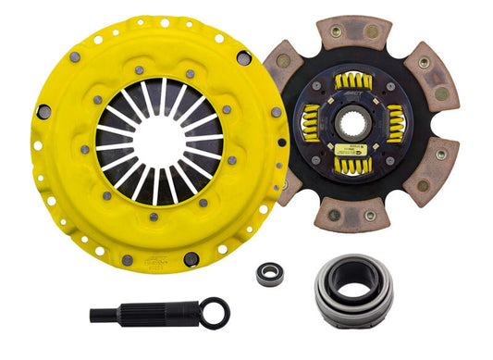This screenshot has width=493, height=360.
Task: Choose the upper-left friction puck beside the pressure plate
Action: coord(282,69)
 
